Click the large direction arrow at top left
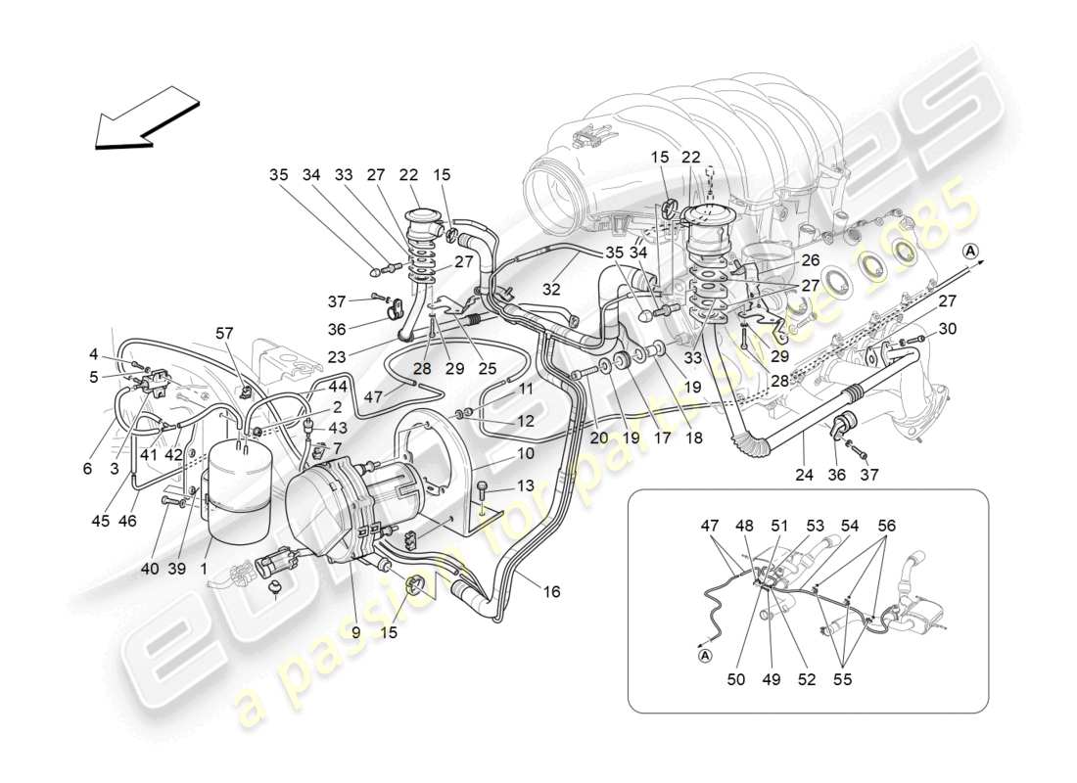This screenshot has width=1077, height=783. [x=147, y=117]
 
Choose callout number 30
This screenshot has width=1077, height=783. [x=947, y=330]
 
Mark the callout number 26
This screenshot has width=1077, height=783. [x=811, y=261]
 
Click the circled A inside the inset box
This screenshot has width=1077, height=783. [x=705, y=657]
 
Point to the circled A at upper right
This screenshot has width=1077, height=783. [x=971, y=251]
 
